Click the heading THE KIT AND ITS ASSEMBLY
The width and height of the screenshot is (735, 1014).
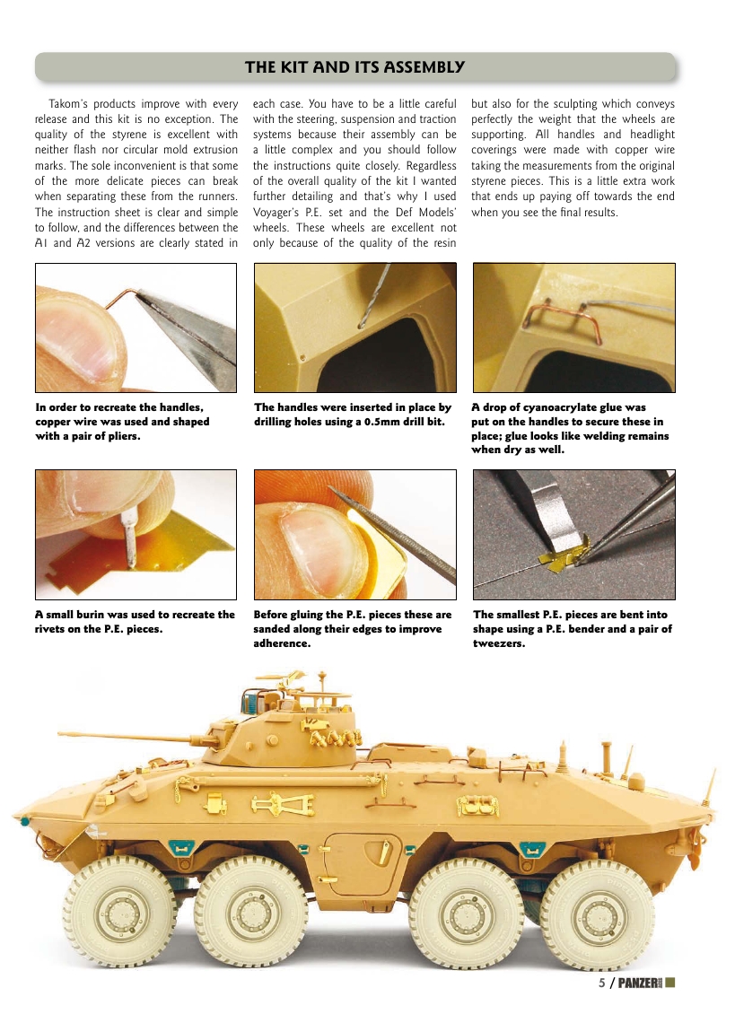tap(354, 67)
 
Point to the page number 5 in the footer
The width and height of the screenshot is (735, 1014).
tap(602, 982)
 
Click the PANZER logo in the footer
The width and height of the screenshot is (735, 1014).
tap(642, 982)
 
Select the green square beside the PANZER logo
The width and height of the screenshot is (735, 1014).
tap(669, 982)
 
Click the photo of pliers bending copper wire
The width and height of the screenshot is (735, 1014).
tap(136, 328)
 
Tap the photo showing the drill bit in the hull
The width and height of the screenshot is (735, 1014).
tap(355, 328)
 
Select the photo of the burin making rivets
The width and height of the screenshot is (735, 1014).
tap(136, 535)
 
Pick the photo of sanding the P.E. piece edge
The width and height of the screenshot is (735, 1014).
tap(355, 535)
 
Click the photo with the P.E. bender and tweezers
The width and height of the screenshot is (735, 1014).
tap(573, 535)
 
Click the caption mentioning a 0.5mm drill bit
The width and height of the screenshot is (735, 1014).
tap(353, 415)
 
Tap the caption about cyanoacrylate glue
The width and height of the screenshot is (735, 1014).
tap(570, 428)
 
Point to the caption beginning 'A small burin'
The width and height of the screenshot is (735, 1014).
tap(135, 622)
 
